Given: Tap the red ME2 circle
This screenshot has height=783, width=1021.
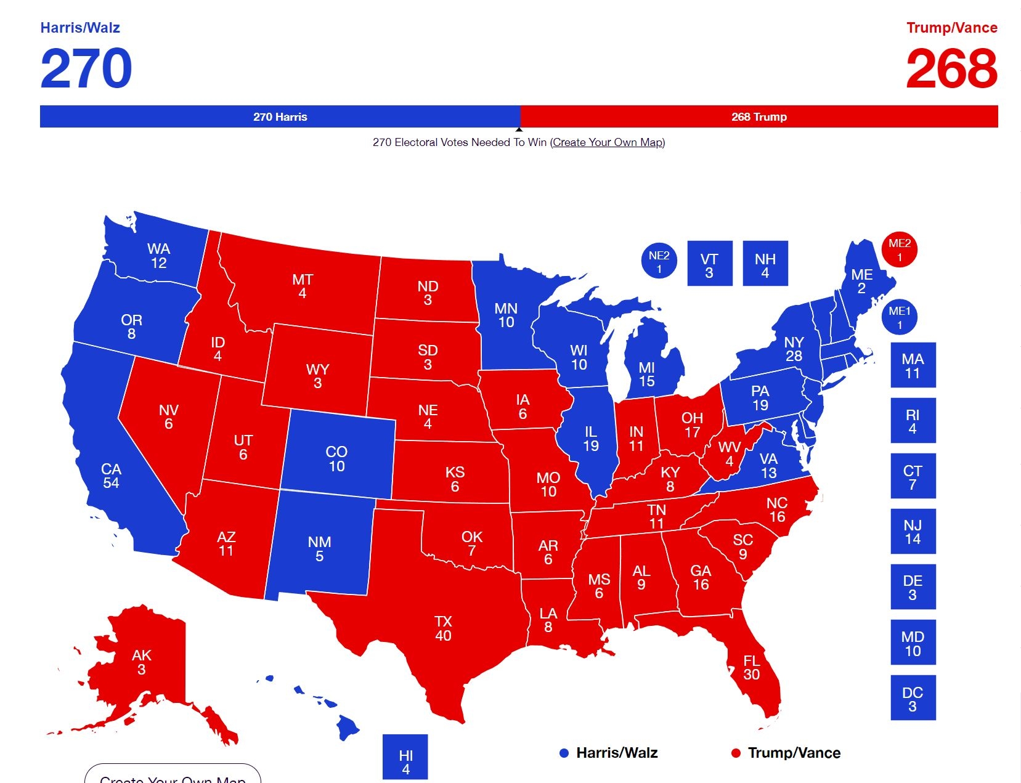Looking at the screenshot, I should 899,250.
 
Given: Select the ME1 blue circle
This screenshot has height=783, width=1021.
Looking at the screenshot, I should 899,317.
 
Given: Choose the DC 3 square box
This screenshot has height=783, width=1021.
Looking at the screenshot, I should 913,697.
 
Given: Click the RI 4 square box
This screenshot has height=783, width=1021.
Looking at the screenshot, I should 913,420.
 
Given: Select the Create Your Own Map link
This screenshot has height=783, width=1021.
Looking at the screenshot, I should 608,142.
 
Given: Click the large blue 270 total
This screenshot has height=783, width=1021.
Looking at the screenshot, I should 86,68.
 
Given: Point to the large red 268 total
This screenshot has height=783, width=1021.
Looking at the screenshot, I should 951,68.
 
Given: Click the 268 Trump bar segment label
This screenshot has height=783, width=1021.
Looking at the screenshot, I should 759,117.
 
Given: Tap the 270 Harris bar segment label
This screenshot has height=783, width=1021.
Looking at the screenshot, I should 280,117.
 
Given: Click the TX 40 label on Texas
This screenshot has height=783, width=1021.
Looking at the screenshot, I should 443,628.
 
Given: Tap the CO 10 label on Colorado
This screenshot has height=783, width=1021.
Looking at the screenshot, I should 336,459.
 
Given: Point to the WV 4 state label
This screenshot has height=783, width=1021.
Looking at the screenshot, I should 730,453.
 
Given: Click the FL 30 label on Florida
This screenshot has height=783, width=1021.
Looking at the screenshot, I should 751,667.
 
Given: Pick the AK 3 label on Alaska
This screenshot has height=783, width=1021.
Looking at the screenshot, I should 141,662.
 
